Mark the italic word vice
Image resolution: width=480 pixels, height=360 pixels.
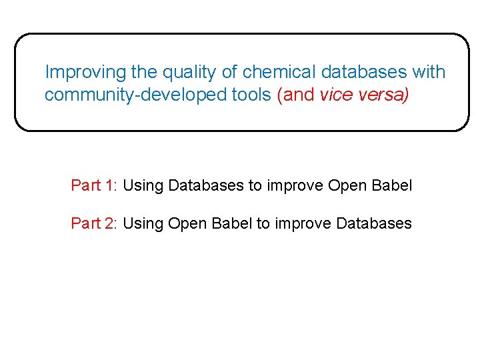point(334,95)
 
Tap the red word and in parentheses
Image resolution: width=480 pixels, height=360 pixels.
point(298,95)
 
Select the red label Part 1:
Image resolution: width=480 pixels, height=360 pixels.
point(94,185)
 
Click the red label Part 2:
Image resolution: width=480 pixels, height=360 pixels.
point(94,223)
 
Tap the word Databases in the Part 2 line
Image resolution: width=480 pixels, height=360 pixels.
point(374,223)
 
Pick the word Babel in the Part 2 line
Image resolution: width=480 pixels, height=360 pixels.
point(232,223)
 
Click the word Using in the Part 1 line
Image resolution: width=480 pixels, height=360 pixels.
point(143,185)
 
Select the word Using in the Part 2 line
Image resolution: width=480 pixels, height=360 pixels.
point(143,223)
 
